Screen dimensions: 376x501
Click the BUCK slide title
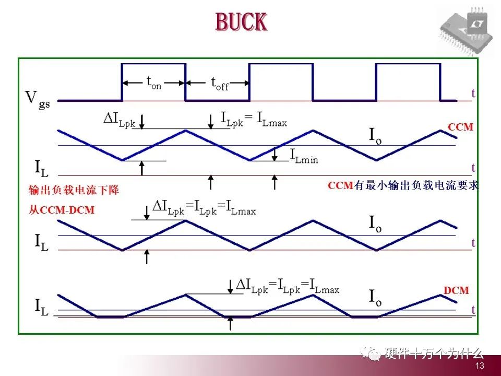[241, 22]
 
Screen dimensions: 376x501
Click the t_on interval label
[154, 83]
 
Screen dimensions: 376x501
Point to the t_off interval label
[220, 83]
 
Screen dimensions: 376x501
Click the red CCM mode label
[460, 126]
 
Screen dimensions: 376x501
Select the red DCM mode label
[456, 290]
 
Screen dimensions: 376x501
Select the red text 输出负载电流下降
[74, 190]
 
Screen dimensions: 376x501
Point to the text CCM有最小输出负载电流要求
[403, 185]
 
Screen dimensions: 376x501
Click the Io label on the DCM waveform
[375, 298]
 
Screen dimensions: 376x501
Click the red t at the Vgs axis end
[473, 93]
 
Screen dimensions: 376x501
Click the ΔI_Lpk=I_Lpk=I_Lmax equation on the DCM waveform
[288, 286]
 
